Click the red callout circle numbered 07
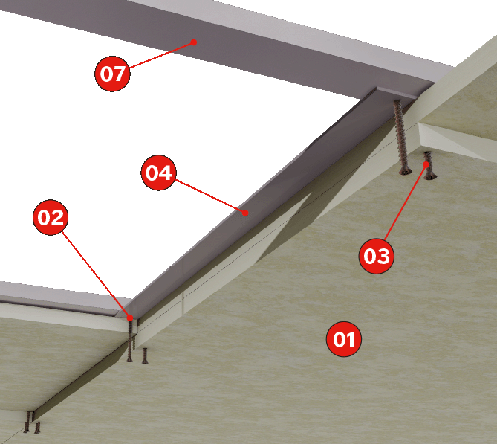tap(112, 74)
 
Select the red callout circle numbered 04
tap(158, 173)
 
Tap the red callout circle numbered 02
tap(51, 217)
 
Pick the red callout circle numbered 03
tap(377, 256)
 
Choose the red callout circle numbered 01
tap(344, 339)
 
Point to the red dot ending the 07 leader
tap(194, 42)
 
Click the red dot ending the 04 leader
tap(245, 213)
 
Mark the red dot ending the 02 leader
tap(130, 318)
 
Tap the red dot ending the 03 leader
tap(426, 164)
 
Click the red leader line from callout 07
tap(162, 54)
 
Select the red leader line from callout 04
tap(210, 196)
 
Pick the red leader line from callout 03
tap(406, 202)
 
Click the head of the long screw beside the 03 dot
tap(406, 172)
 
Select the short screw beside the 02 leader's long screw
tap(145, 355)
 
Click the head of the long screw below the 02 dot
tap(129, 359)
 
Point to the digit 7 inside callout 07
tap(120, 74)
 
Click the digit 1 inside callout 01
tap(351, 339)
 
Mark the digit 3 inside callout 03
tap(383, 256)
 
